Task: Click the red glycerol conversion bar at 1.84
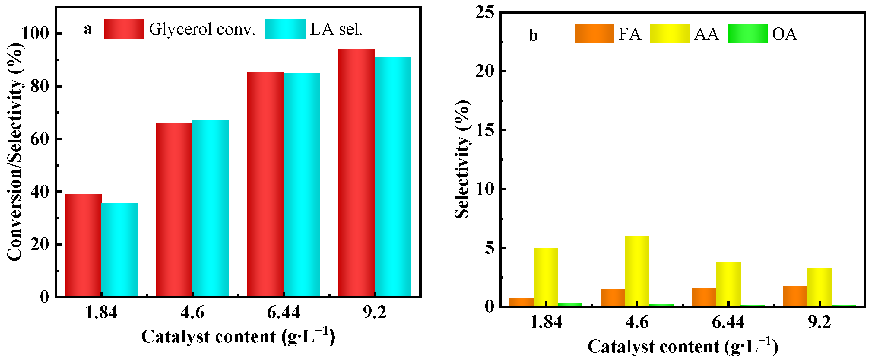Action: [x=83, y=246]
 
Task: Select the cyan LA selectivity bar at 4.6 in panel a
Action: [x=211, y=208]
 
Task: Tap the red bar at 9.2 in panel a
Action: [x=357, y=173]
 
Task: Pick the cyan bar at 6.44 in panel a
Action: [x=302, y=185]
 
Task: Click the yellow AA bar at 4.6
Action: [x=637, y=271]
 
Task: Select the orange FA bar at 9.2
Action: [x=795, y=296]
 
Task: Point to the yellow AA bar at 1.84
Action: [x=546, y=277]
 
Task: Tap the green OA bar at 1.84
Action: [x=570, y=304]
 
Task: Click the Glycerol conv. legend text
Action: [x=202, y=30]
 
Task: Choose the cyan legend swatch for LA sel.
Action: [x=285, y=29]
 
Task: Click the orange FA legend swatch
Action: [x=595, y=33]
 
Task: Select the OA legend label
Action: [x=785, y=34]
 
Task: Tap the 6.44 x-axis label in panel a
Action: [x=283, y=312]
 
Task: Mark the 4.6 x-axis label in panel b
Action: [x=637, y=322]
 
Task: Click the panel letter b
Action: [x=533, y=36]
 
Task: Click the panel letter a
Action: [x=88, y=30]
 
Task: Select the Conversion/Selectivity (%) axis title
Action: [x=15, y=152]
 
